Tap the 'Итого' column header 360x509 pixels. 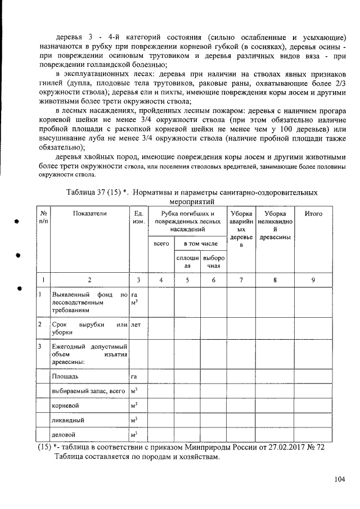[313, 214]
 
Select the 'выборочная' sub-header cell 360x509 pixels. [214, 263]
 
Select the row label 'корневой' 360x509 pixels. [64, 405]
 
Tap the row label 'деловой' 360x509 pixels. [63, 435]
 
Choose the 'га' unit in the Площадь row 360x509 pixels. [134, 375]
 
